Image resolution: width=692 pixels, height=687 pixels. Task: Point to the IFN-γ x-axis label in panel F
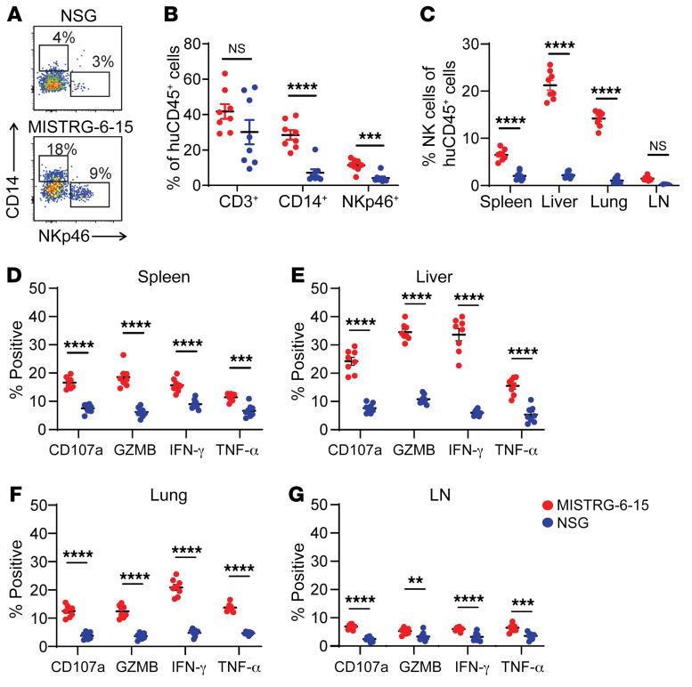coord(236,670)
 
